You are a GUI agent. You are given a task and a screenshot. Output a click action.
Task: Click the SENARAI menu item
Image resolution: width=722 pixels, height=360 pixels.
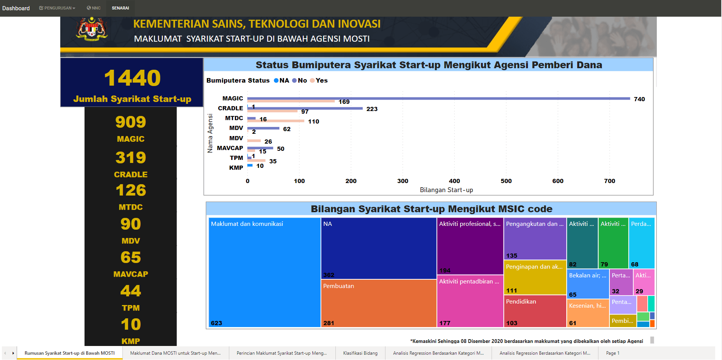pyautogui.click(x=120, y=8)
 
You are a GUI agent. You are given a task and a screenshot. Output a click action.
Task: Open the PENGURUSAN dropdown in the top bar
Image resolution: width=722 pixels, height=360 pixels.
pyautogui.click(x=57, y=8)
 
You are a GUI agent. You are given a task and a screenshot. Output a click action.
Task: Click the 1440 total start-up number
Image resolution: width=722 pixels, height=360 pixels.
pyautogui.click(x=132, y=78)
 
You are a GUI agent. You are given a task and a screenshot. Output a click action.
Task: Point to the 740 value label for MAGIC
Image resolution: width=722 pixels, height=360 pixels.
pyautogui.click(x=639, y=99)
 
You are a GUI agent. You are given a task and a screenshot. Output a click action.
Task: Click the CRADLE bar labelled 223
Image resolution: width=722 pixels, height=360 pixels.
pyautogui.click(x=305, y=108)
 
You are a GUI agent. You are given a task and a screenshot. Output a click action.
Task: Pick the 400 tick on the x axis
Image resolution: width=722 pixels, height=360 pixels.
pyautogui.click(x=454, y=181)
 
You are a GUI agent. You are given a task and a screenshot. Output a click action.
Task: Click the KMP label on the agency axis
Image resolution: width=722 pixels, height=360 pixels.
pyautogui.click(x=236, y=168)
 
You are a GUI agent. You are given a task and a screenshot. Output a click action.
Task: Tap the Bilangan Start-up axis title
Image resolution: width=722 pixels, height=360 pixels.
pyautogui.click(x=446, y=190)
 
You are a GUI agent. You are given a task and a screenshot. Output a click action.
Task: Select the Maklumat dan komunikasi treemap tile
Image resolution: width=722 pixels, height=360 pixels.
pyautogui.click(x=264, y=272)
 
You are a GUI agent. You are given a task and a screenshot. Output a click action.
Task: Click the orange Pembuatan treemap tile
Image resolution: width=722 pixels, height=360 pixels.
pyautogui.click(x=378, y=303)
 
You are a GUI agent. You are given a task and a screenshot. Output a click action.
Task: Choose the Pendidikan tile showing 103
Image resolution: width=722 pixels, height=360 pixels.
pyautogui.click(x=535, y=311)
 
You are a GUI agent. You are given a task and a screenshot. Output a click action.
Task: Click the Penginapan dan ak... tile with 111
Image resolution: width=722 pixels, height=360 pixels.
pyautogui.click(x=535, y=277)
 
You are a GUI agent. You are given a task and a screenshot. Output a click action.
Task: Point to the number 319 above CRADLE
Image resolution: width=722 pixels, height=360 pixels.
pyautogui.click(x=131, y=158)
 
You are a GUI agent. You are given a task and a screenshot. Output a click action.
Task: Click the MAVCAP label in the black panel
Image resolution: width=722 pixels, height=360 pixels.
pyautogui.click(x=131, y=274)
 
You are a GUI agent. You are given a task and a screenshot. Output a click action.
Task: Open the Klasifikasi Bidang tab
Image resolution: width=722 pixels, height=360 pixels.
pyautogui.click(x=360, y=353)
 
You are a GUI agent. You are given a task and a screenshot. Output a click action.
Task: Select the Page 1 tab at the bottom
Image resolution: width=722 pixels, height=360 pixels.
pyautogui.click(x=612, y=353)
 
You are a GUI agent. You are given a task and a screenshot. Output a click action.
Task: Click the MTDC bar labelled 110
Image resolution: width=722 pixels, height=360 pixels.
pyautogui.click(x=276, y=121)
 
